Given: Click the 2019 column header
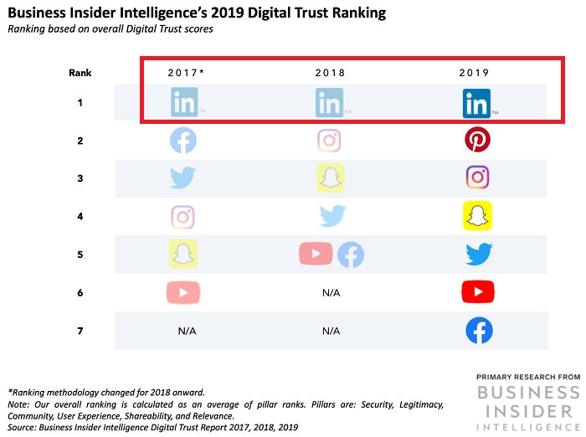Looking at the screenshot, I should coord(475,73).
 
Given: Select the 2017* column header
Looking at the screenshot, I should coord(186,73).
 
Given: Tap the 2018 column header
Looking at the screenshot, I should coord(330,73).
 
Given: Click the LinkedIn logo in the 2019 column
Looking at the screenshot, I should coord(476,105).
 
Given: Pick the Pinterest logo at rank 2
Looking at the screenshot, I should coord(477,140).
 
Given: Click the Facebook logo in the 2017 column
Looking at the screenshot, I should coord(183,140).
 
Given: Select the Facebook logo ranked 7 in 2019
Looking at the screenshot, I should coord(479,331).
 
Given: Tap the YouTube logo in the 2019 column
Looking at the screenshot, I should coord(478,291).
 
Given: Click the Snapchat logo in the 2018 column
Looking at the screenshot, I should coord(330,177).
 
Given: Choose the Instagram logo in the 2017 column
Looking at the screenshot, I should coord(183,217).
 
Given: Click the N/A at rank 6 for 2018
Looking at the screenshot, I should coord(330,292).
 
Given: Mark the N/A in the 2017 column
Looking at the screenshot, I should coord(186,332).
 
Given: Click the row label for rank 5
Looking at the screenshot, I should coord(80,254).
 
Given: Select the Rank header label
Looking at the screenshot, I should coord(80,73).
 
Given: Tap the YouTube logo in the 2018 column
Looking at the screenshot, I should coord(316,254).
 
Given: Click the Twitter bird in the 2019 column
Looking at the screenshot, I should coord(479,254).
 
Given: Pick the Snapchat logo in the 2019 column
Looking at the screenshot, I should coord(478,215).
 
